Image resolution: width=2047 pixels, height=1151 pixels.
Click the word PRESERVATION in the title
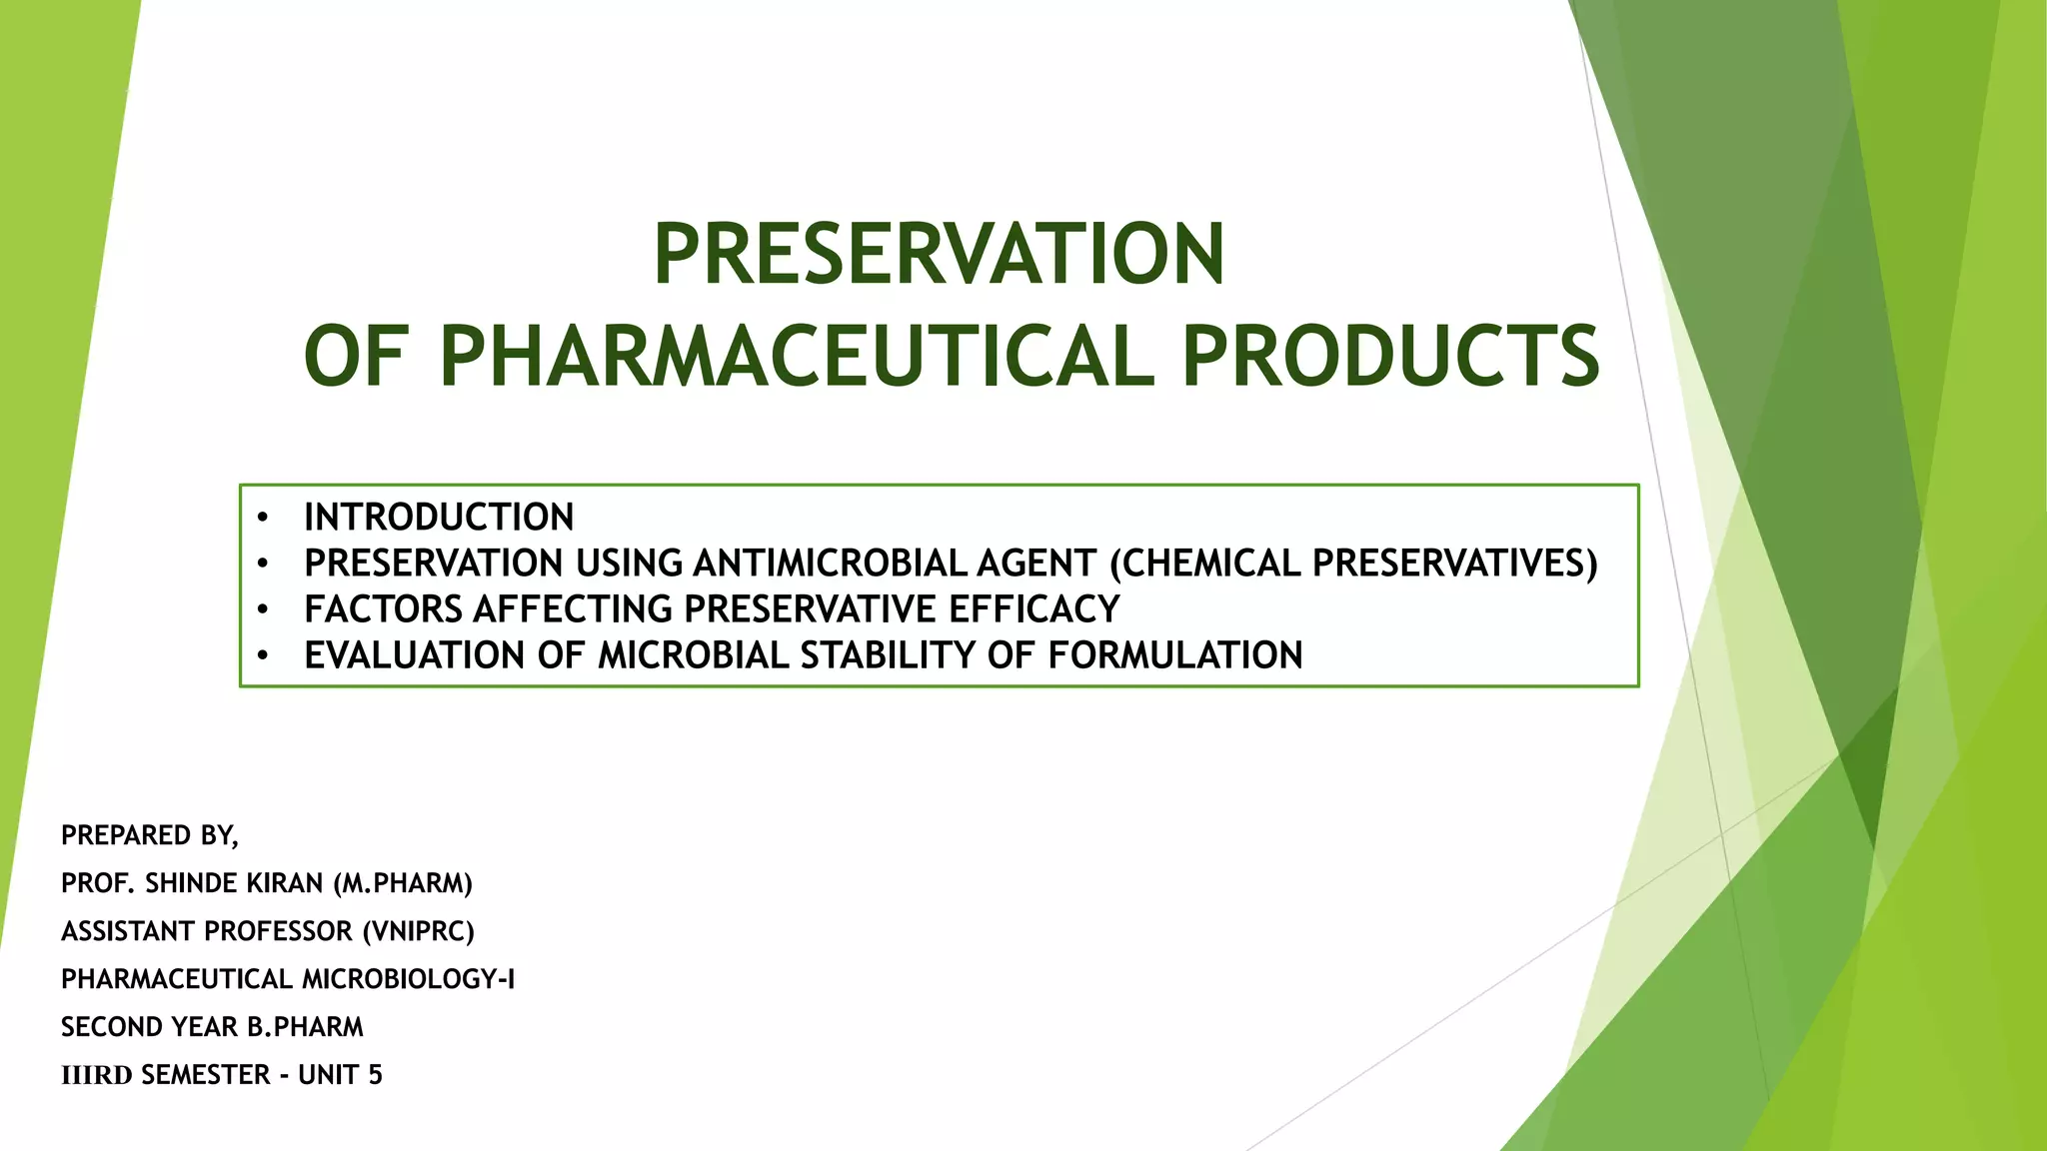[939, 254]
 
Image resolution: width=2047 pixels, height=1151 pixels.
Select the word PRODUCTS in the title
[1391, 357]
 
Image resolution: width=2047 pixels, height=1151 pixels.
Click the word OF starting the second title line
[355, 357]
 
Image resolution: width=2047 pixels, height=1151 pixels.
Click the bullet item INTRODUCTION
[439, 518]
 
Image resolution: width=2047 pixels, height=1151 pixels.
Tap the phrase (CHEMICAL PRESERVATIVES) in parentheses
[1353, 564]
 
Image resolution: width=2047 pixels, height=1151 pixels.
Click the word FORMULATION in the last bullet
[1175, 655]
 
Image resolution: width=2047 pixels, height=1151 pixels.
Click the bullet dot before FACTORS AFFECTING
[263, 609]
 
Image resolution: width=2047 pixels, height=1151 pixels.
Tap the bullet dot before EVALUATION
[263, 655]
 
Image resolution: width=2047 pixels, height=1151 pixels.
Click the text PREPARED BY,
[150, 835]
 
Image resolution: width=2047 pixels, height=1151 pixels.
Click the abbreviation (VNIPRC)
[418, 931]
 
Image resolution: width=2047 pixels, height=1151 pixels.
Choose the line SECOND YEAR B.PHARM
[212, 1027]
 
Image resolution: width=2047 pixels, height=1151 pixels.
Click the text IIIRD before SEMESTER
[96, 1075]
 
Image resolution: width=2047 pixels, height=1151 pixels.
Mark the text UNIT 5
[340, 1075]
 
